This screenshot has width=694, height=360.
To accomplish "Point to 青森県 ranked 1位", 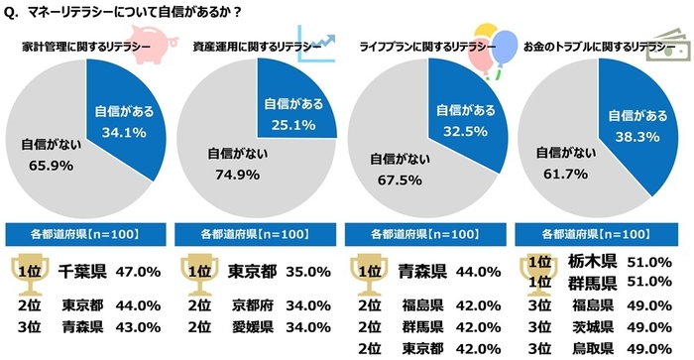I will click(x=420, y=270).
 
